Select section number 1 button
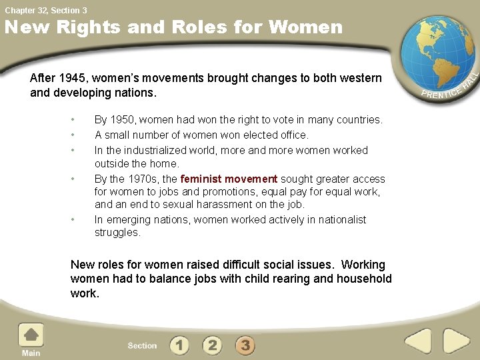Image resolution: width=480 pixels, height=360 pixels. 179,345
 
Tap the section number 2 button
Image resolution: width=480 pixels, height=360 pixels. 212,345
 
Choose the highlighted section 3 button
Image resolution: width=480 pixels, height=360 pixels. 245,345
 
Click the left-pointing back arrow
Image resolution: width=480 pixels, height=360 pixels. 418,341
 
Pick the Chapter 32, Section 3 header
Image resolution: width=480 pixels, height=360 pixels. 45,10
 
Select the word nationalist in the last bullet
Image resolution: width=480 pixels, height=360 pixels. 339,220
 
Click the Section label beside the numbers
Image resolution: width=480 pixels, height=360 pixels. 142,346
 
